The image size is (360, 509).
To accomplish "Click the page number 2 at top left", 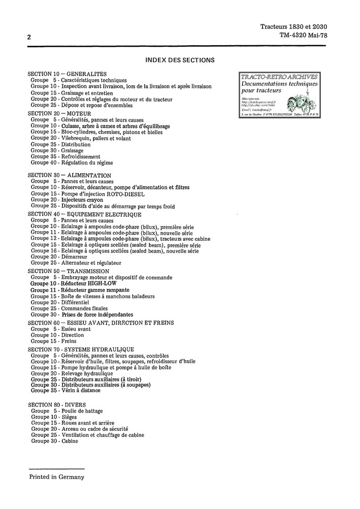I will (29, 37).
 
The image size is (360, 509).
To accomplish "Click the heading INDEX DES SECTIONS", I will (180, 60).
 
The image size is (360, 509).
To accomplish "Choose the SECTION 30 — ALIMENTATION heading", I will (70, 175).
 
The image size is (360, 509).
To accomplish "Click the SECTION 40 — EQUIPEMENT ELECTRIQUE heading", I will (84, 215).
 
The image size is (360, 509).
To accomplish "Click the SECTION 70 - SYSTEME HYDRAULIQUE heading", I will (81, 349).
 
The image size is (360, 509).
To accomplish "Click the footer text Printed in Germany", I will (56, 477).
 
